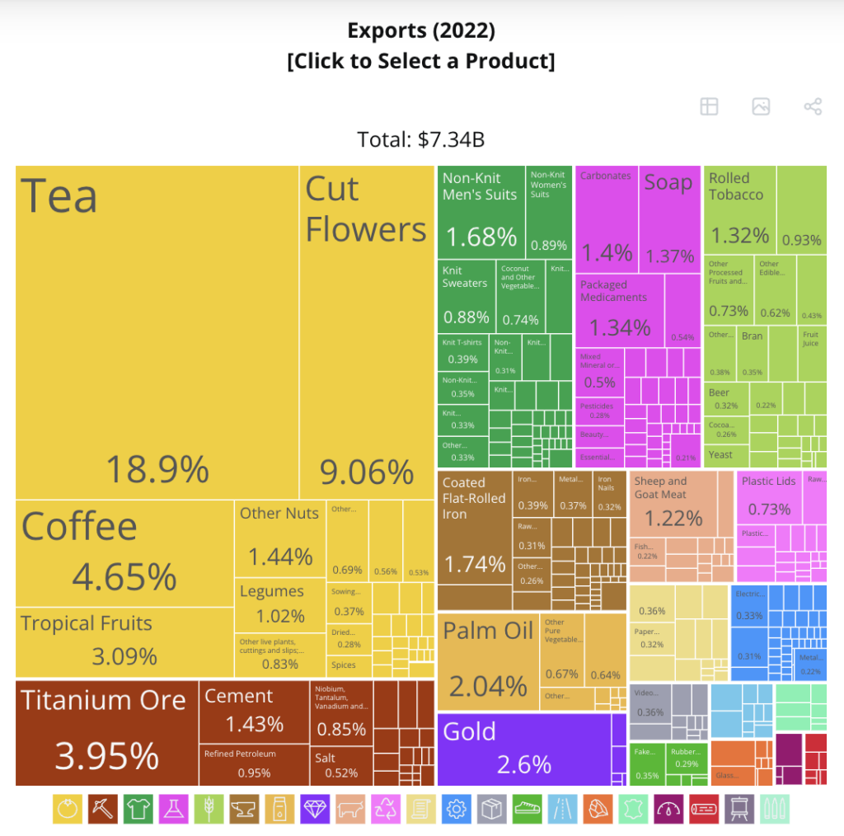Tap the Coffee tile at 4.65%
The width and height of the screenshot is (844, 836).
click(x=124, y=553)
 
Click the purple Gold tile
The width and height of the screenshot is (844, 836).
click(x=523, y=749)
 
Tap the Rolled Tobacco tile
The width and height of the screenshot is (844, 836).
click(x=739, y=210)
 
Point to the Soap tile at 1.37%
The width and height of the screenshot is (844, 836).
click(x=670, y=219)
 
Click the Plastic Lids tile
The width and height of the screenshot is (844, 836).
click(x=768, y=496)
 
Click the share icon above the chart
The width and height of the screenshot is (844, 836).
click(x=812, y=106)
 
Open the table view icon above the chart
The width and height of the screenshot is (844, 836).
click(x=709, y=106)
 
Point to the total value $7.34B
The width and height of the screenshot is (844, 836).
click(x=421, y=139)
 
